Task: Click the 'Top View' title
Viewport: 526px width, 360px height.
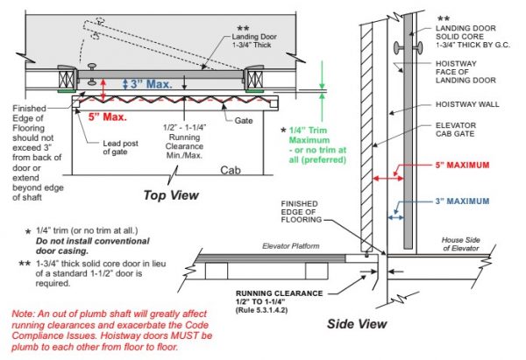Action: click(x=171, y=194)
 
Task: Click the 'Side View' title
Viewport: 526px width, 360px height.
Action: click(x=357, y=322)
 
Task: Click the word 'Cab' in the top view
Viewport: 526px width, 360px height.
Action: click(x=231, y=170)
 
